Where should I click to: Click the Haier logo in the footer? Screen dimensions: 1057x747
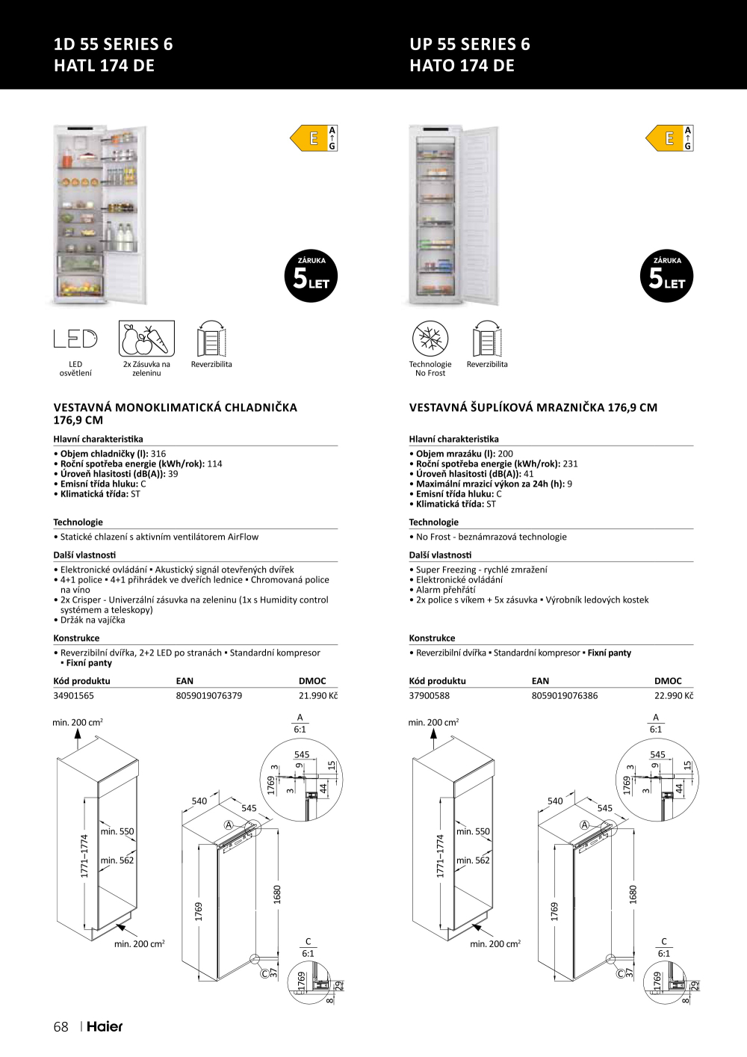tap(105, 1026)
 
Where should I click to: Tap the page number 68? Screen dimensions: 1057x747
tap(61, 1026)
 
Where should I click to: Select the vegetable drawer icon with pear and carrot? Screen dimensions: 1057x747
tap(146, 339)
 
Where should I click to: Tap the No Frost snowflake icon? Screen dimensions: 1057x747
tap(430, 339)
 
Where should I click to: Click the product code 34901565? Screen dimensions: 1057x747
tap(74, 695)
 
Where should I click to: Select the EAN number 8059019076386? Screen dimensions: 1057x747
tap(565, 695)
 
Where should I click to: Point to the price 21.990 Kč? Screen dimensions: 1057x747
tap(317, 695)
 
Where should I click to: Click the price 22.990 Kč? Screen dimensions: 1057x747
tap(673, 695)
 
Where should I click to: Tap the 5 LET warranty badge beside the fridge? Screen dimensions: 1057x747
tap(311, 277)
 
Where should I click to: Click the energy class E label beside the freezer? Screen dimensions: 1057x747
tap(669, 138)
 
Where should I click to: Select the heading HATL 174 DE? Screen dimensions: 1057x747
tap(104, 66)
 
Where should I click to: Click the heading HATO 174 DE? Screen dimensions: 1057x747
tap(462, 66)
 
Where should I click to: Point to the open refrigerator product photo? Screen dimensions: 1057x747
tap(99, 215)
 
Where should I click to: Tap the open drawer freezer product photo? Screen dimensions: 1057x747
tap(453, 215)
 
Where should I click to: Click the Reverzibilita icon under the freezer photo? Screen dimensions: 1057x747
tap(487, 340)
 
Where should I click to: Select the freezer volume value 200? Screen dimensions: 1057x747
tap(506, 454)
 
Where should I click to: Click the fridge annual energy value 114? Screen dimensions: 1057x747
tap(214, 463)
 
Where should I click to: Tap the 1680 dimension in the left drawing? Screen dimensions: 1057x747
tap(277, 893)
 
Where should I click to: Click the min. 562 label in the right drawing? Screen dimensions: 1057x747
tap(473, 860)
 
